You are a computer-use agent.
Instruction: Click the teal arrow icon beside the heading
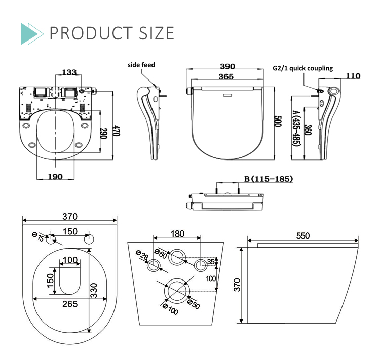pos(31,33)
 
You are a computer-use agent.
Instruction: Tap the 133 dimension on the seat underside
pos(70,73)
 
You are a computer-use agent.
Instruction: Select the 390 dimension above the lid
pos(227,67)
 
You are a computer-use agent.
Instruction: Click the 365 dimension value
pos(225,77)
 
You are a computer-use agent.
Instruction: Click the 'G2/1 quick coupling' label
pos(302,68)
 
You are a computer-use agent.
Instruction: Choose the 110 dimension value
pos(353,76)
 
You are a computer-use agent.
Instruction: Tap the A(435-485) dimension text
pos(295,128)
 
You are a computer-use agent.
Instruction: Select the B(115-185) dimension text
pos(268,179)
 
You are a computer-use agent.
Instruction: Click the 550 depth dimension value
pos(302,236)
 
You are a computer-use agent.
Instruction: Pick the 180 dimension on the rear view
pos(177,234)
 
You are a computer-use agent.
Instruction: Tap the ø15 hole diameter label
pos(37,236)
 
